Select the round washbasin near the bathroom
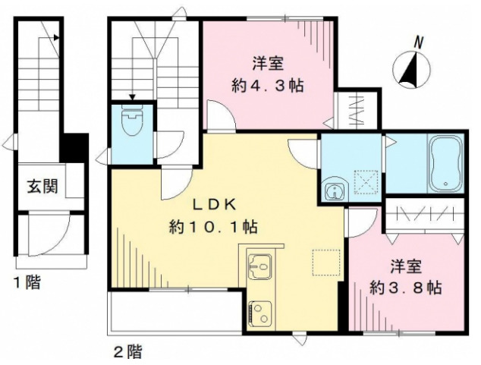click(x=332, y=190)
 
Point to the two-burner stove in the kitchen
click(x=259, y=312)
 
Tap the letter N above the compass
click(x=419, y=40)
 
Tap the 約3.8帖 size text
click(x=405, y=288)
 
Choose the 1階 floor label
click(x=27, y=284)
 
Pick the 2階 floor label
click(x=127, y=351)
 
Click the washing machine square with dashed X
click(x=368, y=181)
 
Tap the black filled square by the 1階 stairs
click(x=75, y=146)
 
